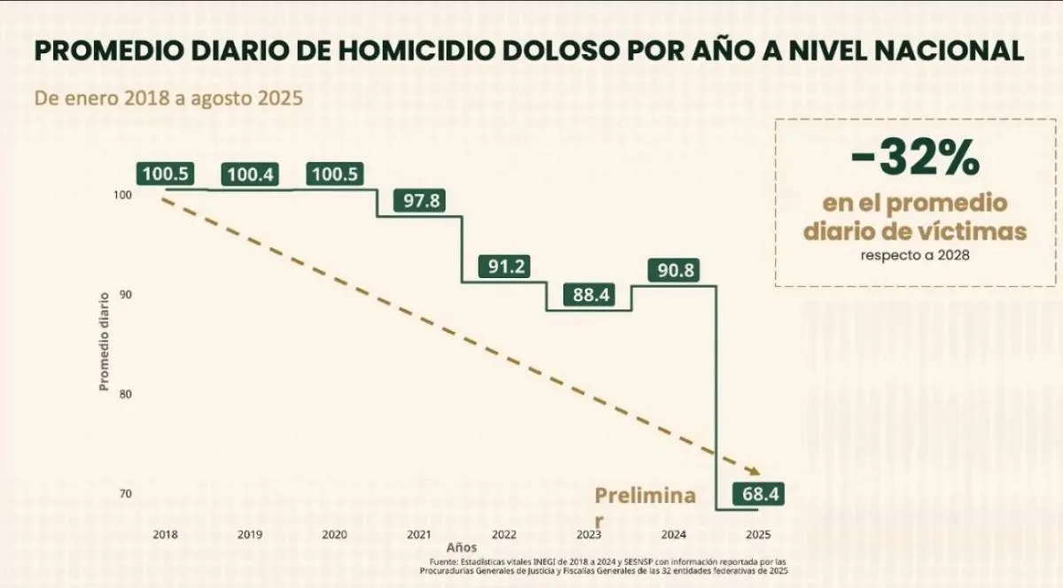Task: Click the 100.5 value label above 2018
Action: pyautogui.click(x=166, y=174)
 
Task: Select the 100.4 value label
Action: pyautogui.click(x=251, y=175)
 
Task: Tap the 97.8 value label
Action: pyautogui.click(x=421, y=201)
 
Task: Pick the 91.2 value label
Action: pyautogui.click(x=505, y=267)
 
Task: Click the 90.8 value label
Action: pyautogui.click(x=676, y=271)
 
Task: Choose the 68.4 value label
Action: pyautogui.click(x=759, y=494)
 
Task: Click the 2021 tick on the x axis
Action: pyautogui.click(x=419, y=534)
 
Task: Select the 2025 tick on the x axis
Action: pyautogui.click(x=758, y=534)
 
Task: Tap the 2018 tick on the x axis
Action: pyautogui.click(x=165, y=534)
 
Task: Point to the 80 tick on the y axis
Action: pyautogui.click(x=126, y=394)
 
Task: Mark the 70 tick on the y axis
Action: pyautogui.click(x=126, y=493)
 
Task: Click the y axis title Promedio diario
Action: pyautogui.click(x=104, y=341)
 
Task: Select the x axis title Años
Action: pyautogui.click(x=462, y=548)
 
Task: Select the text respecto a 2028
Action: pyautogui.click(x=915, y=256)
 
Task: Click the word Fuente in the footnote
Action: pyautogui.click(x=444, y=562)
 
